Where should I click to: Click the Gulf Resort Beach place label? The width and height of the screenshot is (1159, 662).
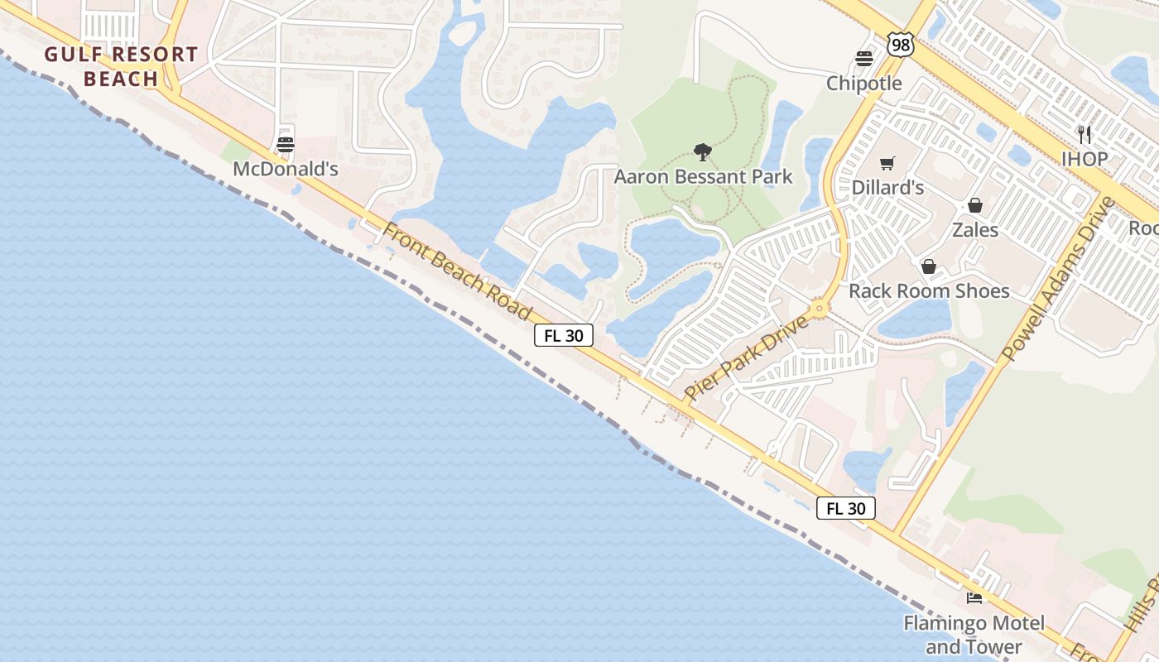[121, 67]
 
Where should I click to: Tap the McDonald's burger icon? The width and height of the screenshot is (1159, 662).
[286, 145]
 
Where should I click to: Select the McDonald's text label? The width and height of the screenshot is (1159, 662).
[286, 170]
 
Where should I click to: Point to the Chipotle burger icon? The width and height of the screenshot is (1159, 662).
[864, 59]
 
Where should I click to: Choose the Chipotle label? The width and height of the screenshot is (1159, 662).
[864, 84]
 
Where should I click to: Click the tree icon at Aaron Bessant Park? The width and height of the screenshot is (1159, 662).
[703, 152]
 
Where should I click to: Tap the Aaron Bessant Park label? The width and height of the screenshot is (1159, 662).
[703, 177]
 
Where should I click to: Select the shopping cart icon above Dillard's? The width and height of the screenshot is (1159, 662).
[887, 163]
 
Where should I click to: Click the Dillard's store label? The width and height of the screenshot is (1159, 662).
[887, 188]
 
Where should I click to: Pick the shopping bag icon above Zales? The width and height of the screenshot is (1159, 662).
[975, 205]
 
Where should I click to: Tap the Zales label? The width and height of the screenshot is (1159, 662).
[975, 230]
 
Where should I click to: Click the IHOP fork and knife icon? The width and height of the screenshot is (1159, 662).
[1084, 134]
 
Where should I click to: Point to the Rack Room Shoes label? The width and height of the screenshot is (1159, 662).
[929, 291]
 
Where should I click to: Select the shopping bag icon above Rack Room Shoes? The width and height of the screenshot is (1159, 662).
[929, 266]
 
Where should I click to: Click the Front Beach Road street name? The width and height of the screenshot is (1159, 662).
[456, 271]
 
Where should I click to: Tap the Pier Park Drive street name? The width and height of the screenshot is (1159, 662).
[746, 357]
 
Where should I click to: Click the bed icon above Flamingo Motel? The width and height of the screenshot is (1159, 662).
[974, 597]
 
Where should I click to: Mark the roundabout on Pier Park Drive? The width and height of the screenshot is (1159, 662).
[820, 309]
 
